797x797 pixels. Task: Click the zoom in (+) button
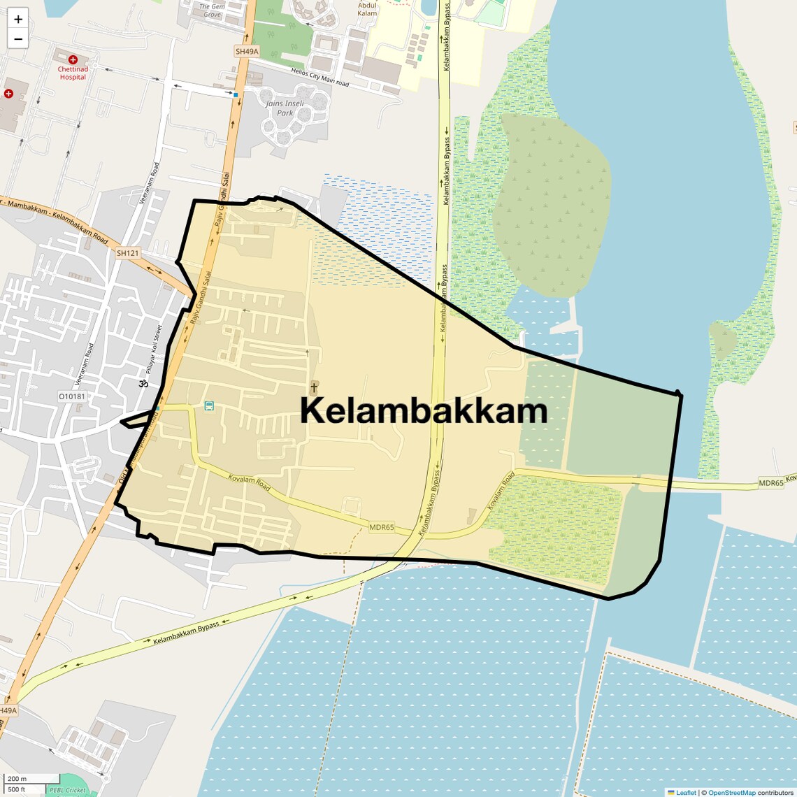(x=18, y=20)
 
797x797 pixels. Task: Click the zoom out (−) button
(x=18, y=39)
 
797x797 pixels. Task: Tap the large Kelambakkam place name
(x=424, y=411)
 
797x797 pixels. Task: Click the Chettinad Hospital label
(x=73, y=73)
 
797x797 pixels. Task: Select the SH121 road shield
(x=128, y=253)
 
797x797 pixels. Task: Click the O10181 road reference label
(x=71, y=396)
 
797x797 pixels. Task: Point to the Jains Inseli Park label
(x=285, y=108)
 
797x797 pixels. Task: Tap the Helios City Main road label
(x=320, y=78)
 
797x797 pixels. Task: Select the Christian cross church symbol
(x=314, y=386)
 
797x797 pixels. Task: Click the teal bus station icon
(x=209, y=405)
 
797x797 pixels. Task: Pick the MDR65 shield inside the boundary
(x=382, y=528)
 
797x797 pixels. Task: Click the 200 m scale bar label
(x=17, y=779)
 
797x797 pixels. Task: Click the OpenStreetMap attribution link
(x=731, y=792)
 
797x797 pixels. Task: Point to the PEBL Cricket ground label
(x=68, y=791)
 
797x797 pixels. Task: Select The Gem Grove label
(x=212, y=10)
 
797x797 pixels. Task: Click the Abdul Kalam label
(x=367, y=8)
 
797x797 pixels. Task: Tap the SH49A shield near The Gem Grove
(x=246, y=52)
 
